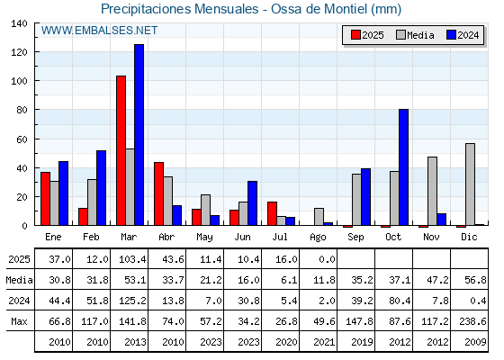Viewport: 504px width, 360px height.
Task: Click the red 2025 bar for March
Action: click(121, 150)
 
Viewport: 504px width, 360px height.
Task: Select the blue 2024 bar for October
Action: click(404, 167)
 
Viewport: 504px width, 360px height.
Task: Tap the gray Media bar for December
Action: click(470, 184)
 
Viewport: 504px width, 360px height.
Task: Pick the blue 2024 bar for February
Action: click(101, 188)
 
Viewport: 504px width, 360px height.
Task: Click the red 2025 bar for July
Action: click(272, 213)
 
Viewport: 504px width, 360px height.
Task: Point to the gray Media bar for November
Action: click(432, 191)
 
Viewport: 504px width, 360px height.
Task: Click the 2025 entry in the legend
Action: click(367, 35)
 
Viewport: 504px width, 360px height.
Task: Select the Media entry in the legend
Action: click(415, 35)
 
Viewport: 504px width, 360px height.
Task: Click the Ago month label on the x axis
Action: click(319, 238)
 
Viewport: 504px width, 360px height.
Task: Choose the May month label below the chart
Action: click(205, 238)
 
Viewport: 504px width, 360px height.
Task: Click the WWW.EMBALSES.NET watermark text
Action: click(99, 31)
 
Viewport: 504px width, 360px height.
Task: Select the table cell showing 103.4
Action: click(132, 259)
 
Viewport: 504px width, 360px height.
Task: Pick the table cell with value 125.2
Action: click(132, 301)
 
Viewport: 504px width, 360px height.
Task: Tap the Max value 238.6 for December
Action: click(472, 321)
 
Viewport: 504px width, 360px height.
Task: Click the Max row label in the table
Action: click(19, 321)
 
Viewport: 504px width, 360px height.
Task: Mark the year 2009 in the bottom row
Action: click(475, 342)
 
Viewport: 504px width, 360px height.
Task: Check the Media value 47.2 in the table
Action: click(437, 280)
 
